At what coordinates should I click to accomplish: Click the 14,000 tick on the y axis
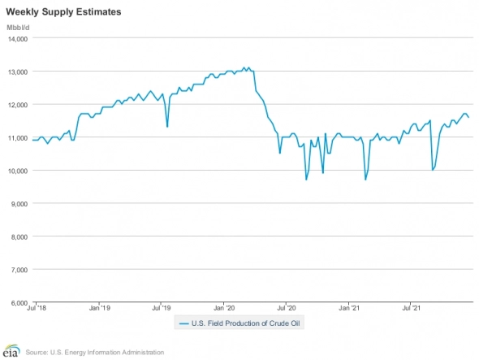coord(17,38)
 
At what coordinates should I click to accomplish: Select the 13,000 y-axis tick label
coord(17,72)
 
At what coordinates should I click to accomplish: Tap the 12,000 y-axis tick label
coord(17,105)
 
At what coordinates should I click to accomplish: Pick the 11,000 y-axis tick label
coord(17,137)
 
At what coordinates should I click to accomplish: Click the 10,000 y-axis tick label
coord(17,171)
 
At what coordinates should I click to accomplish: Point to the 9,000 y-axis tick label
coord(19,203)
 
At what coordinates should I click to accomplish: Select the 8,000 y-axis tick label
coord(19,236)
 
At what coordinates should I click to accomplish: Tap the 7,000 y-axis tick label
coord(19,269)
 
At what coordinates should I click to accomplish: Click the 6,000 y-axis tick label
coord(19,302)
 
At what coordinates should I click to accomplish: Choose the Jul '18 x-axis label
coord(37,309)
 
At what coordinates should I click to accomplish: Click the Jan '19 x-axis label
coord(99,309)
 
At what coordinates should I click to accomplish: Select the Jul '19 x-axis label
coord(161,309)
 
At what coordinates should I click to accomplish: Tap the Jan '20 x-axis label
coord(224,309)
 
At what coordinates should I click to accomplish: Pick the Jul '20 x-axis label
coord(287,309)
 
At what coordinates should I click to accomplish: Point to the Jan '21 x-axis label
coord(349,309)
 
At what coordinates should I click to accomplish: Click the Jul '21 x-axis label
coord(412,309)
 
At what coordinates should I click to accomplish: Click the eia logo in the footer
coord(11,351)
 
